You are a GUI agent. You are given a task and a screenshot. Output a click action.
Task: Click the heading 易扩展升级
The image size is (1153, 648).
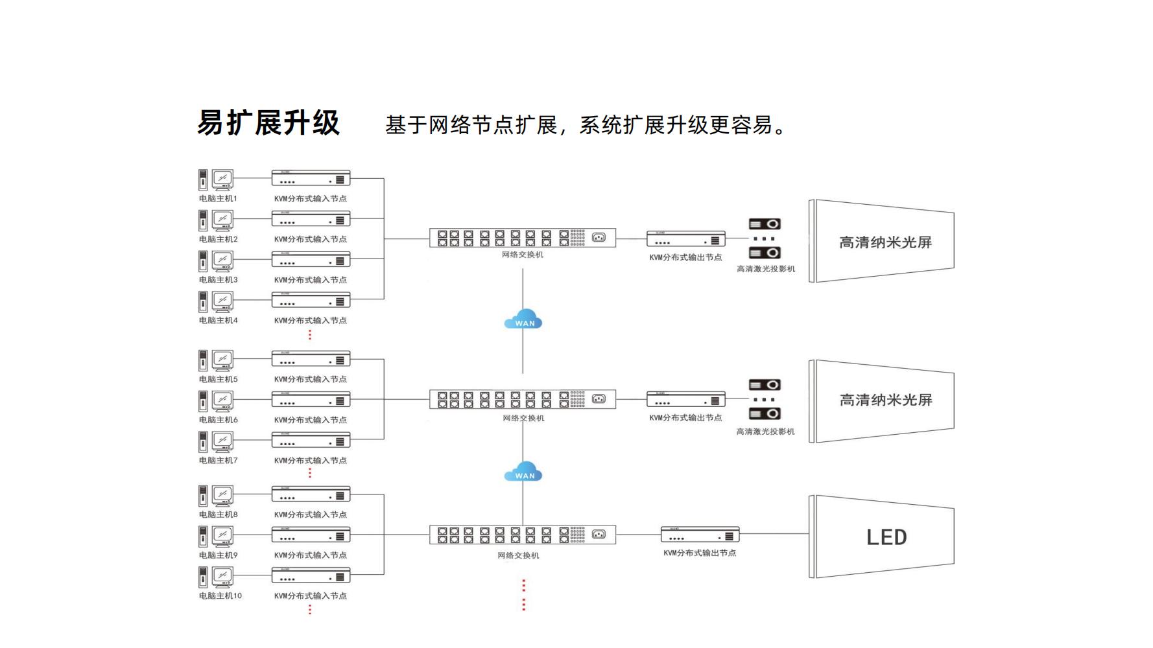tap(268, 123)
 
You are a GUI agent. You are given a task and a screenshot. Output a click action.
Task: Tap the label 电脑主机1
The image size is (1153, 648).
tap(218, 199)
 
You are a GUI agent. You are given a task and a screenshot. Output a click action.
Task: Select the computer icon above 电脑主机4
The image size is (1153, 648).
tap(216, 301)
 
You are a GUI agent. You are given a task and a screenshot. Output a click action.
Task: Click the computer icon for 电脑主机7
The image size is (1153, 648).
tap(216, 441)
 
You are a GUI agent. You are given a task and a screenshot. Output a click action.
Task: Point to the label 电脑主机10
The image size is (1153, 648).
tap(220, 596)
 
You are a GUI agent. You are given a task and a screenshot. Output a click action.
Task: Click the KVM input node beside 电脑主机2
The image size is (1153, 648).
tap(311, 219)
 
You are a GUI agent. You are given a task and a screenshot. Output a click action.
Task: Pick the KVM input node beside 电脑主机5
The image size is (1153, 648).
tap(311, 359)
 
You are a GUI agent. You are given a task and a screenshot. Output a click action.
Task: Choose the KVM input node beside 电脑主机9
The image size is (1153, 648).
tap(311, 535)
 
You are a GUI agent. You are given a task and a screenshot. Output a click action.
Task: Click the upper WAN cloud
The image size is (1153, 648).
tap(523, 320)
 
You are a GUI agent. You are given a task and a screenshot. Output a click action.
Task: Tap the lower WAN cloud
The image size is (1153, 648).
tap(523, 472)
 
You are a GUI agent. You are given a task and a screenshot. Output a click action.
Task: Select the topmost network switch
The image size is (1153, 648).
tap(522, 238)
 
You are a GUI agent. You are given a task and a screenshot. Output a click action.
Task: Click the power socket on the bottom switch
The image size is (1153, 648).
tap(599, 535)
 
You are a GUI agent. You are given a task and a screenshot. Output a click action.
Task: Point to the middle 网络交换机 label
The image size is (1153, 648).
tap(523, 419)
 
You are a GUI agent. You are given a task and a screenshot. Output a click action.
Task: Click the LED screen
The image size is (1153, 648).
tap(885, 537)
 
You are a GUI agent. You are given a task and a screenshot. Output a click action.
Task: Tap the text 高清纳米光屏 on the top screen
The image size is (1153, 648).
tap(885, 242)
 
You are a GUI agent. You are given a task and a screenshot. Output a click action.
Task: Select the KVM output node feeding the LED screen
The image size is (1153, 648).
tap(700, 535)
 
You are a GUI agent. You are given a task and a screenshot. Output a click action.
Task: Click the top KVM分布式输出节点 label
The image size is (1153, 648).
tap(685, 258)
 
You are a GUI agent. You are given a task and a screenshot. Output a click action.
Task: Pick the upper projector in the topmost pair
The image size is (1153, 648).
tap(765, 224)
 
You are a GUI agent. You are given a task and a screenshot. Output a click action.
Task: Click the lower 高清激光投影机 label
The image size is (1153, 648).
tap(765, 432)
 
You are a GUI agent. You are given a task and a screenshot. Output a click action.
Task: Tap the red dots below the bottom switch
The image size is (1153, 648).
tap(523, 595)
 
